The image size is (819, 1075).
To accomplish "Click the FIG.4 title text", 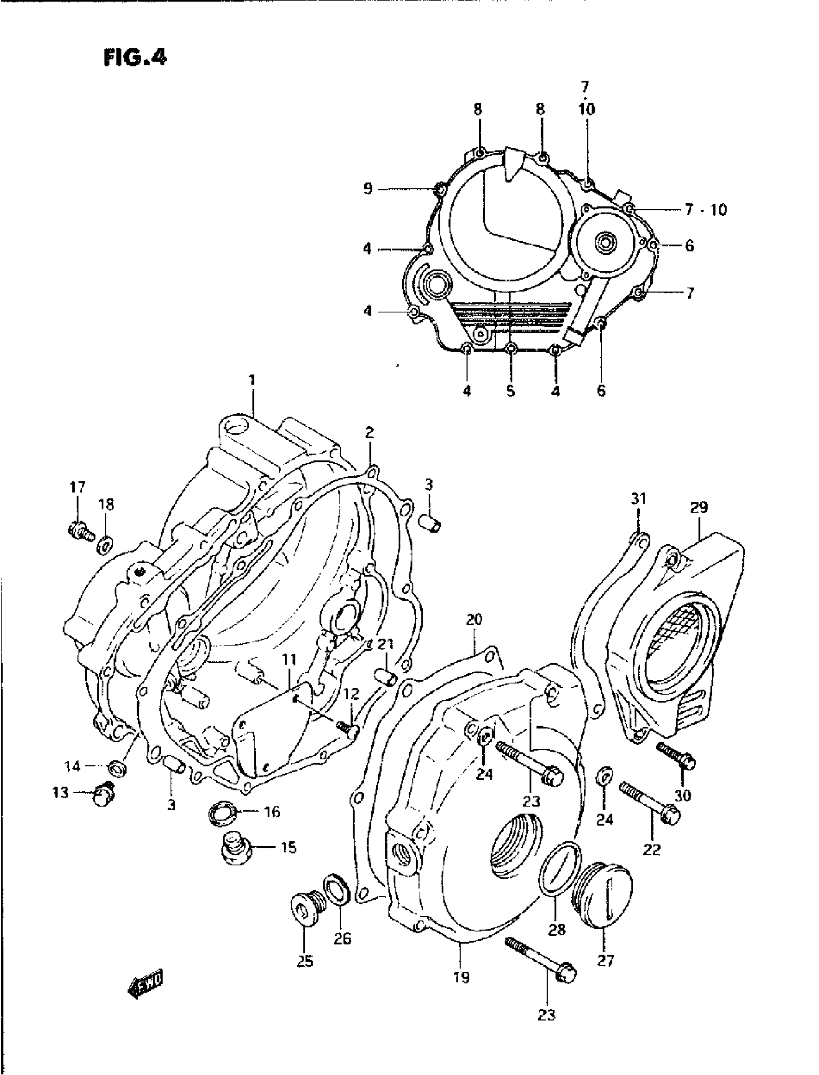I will [x=135, y=58].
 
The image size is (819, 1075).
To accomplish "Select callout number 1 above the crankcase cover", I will [x=252, y=380].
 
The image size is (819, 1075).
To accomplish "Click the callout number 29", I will [x=699, y=508].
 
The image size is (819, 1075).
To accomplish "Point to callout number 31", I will [x=638, y=498].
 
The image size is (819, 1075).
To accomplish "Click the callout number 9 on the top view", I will [x=368, y=189].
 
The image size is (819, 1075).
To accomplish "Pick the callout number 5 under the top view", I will [x=510, y=391].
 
